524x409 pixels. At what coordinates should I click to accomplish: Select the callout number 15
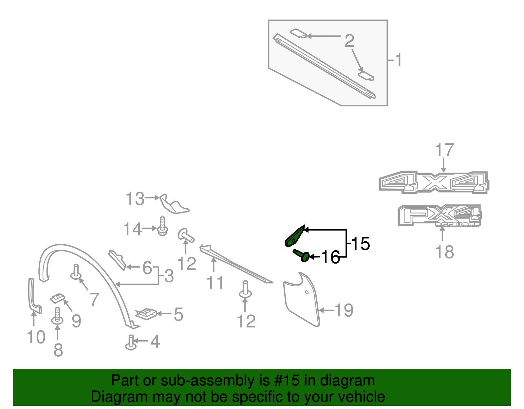(360, 244)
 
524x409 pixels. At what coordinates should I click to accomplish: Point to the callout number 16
(330, 257)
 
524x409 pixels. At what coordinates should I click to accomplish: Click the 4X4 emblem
(434, 182)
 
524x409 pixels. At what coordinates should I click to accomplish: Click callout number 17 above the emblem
(444, 150)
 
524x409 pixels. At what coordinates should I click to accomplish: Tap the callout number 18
(444, 252)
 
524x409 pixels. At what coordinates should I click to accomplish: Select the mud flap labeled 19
(301, 300)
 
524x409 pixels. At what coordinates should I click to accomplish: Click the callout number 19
(344, 310)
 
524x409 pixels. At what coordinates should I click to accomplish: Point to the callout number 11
(215, 283)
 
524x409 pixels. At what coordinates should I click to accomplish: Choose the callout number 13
(135, 199)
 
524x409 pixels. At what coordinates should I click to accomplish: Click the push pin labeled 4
(131, 343)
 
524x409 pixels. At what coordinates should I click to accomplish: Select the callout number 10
(36, 337)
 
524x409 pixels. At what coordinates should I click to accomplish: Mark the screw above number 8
(58, 316)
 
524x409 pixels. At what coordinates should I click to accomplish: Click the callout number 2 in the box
(349, 41)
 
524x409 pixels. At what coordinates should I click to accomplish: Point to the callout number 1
(398, 60)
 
